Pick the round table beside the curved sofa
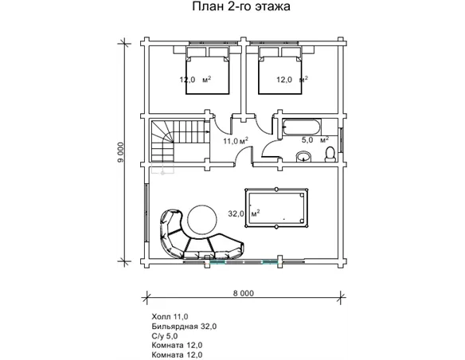200,217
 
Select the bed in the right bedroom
281,70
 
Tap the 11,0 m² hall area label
235,141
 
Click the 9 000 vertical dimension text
120,151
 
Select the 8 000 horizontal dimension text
243,293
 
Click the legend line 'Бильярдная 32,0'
183,327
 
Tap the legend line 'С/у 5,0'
165,336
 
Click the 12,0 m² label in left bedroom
194,80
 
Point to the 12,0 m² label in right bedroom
291,80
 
